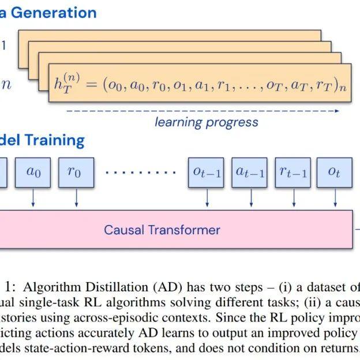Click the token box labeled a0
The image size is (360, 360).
coord(33,172)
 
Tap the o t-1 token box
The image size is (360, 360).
coord(206,172)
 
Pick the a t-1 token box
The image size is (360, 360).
coord(250,172)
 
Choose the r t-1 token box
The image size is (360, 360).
coord(293,172)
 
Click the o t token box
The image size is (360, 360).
coord(335,172)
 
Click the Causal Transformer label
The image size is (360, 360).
coord(162,230)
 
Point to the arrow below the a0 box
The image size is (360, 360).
coord(33,197)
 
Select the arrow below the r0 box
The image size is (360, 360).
coord(76,197)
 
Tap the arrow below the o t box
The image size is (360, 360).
coord(336,197)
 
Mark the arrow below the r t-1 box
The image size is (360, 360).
coord(294,197)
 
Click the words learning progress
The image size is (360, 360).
coord(207,122)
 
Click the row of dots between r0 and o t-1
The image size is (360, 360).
coord(141,172)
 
